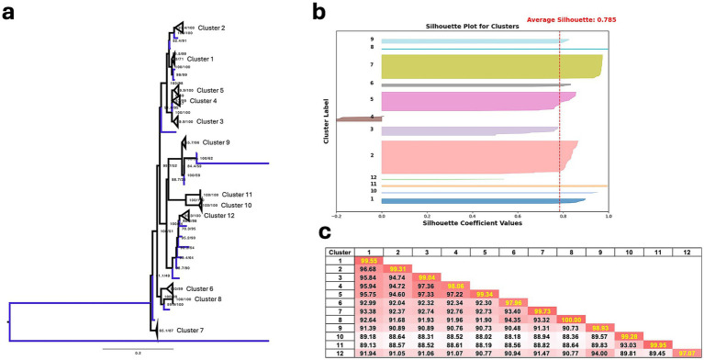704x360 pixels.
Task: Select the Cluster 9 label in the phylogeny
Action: [x=216, y=142]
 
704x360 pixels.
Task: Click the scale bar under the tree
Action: [x=139, y=347]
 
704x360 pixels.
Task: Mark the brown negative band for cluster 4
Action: [x=359, y=118]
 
